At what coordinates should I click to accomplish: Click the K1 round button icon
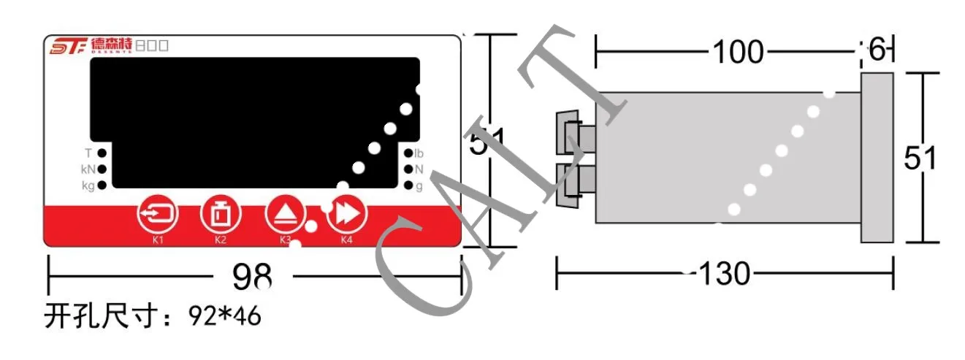(159, 214)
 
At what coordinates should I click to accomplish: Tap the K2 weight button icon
(221, 214)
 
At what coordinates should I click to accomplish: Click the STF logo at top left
(68, 47)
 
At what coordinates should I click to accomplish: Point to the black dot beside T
(102, 153)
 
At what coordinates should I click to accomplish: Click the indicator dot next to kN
(102, 169)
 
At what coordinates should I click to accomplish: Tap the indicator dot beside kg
(102, 185)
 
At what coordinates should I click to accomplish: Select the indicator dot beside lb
(407, 153)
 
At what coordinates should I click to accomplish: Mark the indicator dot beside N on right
(407, 169)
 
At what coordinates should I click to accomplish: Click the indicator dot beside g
(407, 185)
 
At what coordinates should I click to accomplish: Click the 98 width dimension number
(252, 277)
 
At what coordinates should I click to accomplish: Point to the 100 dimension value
(737, 53)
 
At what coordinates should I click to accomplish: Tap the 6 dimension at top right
(877, 50)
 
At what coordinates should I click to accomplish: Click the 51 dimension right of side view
(920, 158)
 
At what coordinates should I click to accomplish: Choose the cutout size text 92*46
(225, 317)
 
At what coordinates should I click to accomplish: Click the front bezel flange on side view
(877, 157)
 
